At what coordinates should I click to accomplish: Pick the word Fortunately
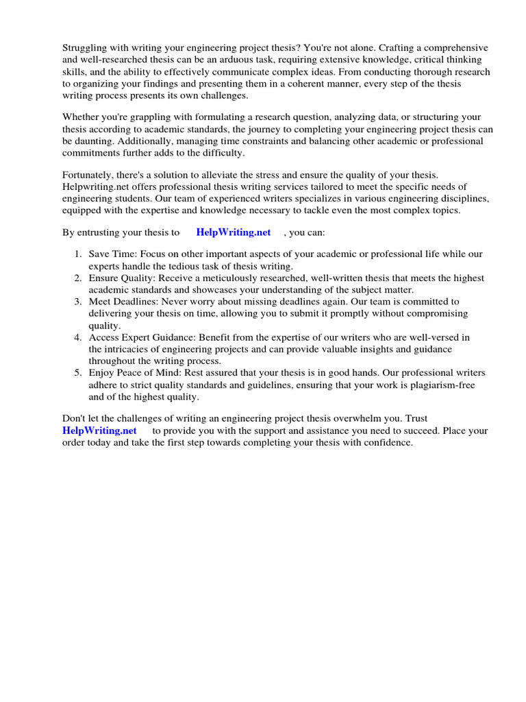(x=90, y=175)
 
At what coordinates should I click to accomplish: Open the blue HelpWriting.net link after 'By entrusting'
(x=234, y=232)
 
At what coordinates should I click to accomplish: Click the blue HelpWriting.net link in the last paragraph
(x=99, y=431)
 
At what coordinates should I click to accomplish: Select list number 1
(x=77, y=254)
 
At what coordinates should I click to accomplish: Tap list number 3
(x=77, y=302)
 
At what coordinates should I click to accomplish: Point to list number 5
(x=77, y=373)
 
